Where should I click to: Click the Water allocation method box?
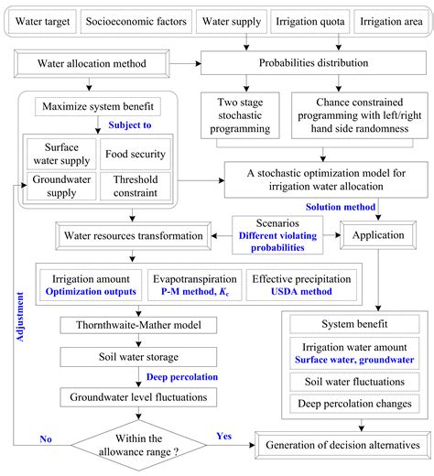pyautogui.click(x=89, y=65)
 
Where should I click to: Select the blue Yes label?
pyautogui.click(x=224, y=434)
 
